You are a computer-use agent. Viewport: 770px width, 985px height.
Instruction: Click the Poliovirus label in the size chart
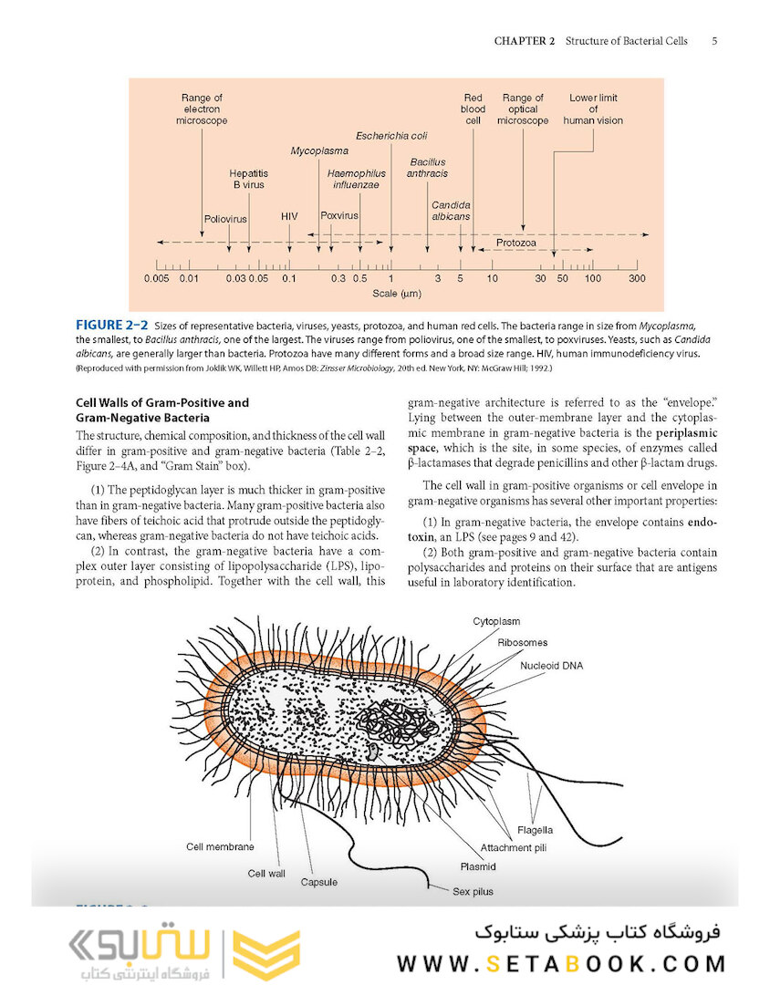pyautogui.click(x=225, y=220)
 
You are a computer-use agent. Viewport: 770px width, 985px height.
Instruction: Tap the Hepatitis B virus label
pyautogui.click(x=248, y=178)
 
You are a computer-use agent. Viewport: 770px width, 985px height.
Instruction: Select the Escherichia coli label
pyautogui.click(x=391, y=137)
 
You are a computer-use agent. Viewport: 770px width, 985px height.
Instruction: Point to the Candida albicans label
pyautogui.click(x=451, y=211)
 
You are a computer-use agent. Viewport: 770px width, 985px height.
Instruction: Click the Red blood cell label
pyautogui.click(x=473, y=109)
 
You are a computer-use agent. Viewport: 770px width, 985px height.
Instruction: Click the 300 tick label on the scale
pyautogui.click(x=637, y=278)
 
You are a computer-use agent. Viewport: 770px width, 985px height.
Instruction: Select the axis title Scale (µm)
pyautogui.click(x=396, y=295)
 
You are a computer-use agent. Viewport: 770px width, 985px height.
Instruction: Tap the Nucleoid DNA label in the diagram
pyautogui.click(x=551, y=666)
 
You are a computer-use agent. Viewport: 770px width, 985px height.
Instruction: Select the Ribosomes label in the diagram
pyautogui.click(x=523, y=643)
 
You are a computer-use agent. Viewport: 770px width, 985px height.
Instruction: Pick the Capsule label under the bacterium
pyautogui.click(x=319, y=882)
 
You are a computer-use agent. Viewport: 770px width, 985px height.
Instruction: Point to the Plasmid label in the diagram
pyautogui.click(x=478, y=866)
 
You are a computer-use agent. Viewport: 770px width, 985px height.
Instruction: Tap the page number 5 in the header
pyautogui.click(x=714, y=41)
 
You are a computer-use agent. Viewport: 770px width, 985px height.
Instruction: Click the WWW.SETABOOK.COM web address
pyautogui.click(x=561, y=963)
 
